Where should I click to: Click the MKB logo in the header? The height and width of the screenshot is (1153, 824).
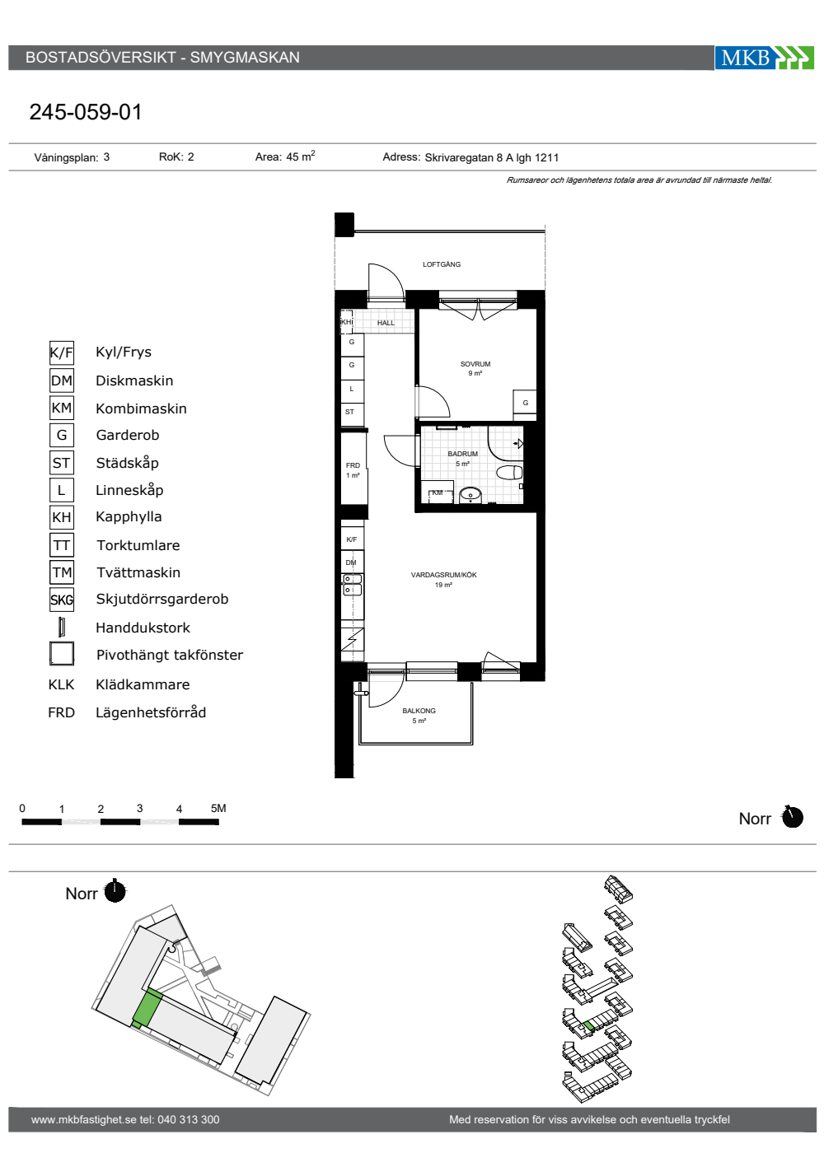(764, 57)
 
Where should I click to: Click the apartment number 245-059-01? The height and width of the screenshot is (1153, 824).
(86, 112)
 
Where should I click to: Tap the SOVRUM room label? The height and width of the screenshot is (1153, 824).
(475, 364)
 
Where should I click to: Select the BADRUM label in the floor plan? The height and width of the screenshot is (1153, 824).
(462, 454)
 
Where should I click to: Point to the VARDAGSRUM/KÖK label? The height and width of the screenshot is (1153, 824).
(443, 575)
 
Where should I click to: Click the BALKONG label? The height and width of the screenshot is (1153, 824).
(419, 711)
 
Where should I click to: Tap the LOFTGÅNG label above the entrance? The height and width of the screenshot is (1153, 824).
(442, 264)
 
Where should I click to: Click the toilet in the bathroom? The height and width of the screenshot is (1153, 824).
(509, 473)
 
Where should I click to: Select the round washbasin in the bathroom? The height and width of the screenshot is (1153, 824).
(470, 495)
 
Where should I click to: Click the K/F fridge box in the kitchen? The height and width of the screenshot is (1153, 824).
(352, 539)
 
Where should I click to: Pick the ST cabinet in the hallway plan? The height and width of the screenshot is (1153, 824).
(352, 412)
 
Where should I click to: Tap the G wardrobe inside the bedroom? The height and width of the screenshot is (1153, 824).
(525, 403)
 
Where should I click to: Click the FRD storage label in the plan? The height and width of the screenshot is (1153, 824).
(353, 465)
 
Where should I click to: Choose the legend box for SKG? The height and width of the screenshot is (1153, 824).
(62, 600)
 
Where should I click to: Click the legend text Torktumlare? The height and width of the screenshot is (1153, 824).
(138, 545)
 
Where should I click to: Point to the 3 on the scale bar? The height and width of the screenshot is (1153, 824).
(139, 809)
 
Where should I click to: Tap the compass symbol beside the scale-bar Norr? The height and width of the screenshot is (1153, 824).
(792, 817)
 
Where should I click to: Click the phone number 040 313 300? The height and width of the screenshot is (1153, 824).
(189, 1119)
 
